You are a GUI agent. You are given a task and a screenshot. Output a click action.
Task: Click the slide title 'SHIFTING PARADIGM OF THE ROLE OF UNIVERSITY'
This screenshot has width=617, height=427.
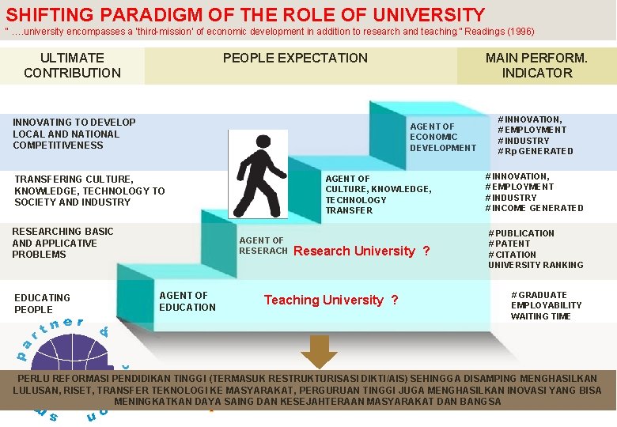click(x=245, y=14)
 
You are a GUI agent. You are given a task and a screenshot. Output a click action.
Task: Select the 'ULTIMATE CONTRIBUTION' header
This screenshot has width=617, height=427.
click(x=72, y=65)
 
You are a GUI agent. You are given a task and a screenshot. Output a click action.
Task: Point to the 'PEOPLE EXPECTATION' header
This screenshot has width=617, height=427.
click(x=295, y=58)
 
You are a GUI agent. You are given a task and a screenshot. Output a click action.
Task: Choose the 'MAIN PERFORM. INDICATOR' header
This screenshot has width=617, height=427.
click(x=536, y=65)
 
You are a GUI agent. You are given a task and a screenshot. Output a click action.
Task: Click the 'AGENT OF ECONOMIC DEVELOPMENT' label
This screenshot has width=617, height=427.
click(x=443, y=137)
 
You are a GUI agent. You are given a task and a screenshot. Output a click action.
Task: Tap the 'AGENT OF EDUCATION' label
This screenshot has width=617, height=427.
click(x=187, y=301)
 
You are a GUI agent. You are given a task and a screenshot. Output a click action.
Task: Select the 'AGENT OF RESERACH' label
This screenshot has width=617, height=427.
click(x=263, y=246)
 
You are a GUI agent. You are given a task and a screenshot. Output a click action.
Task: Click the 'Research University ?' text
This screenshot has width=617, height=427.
click(x=361, y=251)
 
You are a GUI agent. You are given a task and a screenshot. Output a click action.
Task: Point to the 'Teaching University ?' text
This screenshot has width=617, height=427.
click(x=331, y=300)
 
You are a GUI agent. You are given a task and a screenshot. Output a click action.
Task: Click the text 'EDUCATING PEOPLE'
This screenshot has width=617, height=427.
click(x=42, y=304)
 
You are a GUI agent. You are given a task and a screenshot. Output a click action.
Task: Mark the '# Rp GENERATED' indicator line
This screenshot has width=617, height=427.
click(x=535, y=151)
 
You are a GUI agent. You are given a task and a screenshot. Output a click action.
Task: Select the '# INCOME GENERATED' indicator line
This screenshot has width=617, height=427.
click(x=534, y=208)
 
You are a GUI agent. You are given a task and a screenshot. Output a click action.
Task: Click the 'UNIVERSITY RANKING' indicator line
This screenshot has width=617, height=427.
click(x=536, y=265)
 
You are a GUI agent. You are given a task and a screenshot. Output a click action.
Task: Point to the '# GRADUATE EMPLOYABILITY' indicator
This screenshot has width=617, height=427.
click(x=546, y=300)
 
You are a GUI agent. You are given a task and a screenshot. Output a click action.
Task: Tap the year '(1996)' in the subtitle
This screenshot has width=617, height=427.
click(x=515, y=32)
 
